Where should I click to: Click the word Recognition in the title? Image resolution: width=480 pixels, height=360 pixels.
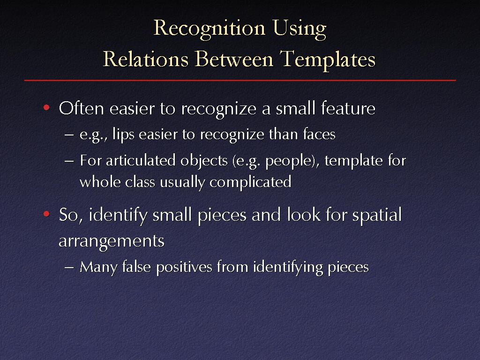209,29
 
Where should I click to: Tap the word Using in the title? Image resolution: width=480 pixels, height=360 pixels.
300,29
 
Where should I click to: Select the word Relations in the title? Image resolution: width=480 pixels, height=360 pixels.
145,59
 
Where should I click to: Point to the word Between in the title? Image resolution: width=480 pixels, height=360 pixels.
234,59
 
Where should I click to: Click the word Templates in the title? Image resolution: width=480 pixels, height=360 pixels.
328,60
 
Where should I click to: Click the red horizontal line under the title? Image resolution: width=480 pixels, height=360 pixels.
240,80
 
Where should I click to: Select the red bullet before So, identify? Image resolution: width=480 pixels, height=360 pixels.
46,214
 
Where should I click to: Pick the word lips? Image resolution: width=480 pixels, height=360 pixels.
123,135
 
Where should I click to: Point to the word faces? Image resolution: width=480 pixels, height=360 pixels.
319,134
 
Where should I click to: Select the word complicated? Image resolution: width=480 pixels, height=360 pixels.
250,183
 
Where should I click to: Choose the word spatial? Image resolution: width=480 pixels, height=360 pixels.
377,215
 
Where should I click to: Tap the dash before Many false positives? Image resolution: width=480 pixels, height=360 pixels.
69,267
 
